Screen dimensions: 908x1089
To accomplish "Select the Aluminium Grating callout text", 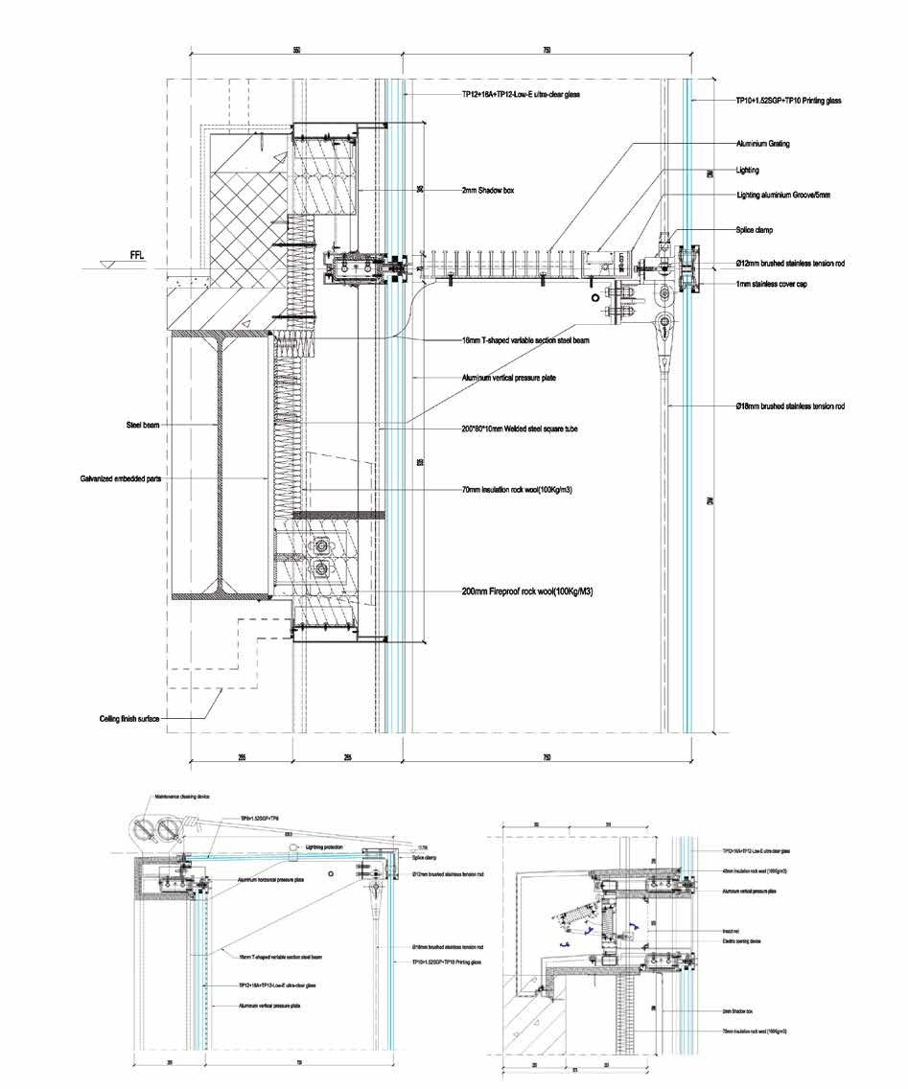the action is click(x=762, y=144).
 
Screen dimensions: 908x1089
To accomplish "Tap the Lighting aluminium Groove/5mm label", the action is click(x=782, y=195).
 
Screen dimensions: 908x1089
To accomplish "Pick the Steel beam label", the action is click(x=143, y=423).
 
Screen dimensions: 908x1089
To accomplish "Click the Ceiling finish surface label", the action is click(x=135, y=718).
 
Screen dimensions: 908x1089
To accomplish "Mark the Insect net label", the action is click(x=732, y=930).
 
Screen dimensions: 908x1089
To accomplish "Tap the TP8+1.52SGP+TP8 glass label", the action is click(x=259, y=818).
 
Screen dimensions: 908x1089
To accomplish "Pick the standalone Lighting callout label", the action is click(x=747, y=170).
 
